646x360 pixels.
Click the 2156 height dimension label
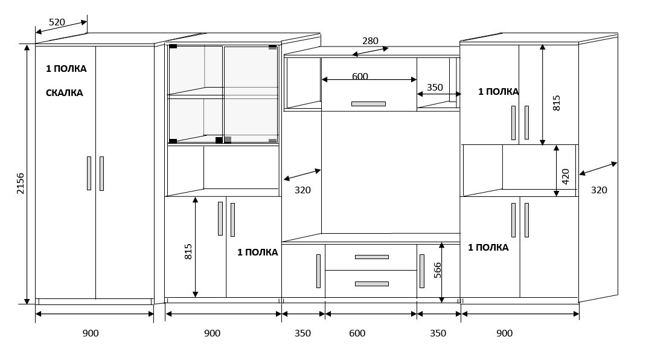click(20, 184)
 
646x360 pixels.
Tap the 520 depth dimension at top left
click(57, 22)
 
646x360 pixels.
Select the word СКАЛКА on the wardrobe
click(64, 93)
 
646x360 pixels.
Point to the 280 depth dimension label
click(370, 41)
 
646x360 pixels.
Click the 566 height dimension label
click(437, 270)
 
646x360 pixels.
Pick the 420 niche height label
click(565, 176)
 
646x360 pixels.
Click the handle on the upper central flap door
click(368, 104)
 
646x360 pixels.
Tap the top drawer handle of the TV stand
click(372, 257)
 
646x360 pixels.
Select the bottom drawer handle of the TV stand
click(372, 284)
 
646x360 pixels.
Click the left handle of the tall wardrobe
click(89, 173)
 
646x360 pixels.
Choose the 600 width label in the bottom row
click(357, 333)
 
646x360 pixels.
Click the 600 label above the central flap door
click(360, 76)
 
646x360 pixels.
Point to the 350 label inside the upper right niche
click(435, 88)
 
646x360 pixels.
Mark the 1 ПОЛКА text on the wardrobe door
click(66, 68)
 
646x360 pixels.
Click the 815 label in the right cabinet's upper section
click(556, 103)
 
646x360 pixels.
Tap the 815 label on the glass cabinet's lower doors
click(188, 251)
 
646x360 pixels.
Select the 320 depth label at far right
click(599, 190)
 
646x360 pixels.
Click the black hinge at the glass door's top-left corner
click(173, 46)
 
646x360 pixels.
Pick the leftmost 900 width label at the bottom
click(90, 333)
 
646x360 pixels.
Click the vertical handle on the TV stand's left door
click(318, 271)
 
